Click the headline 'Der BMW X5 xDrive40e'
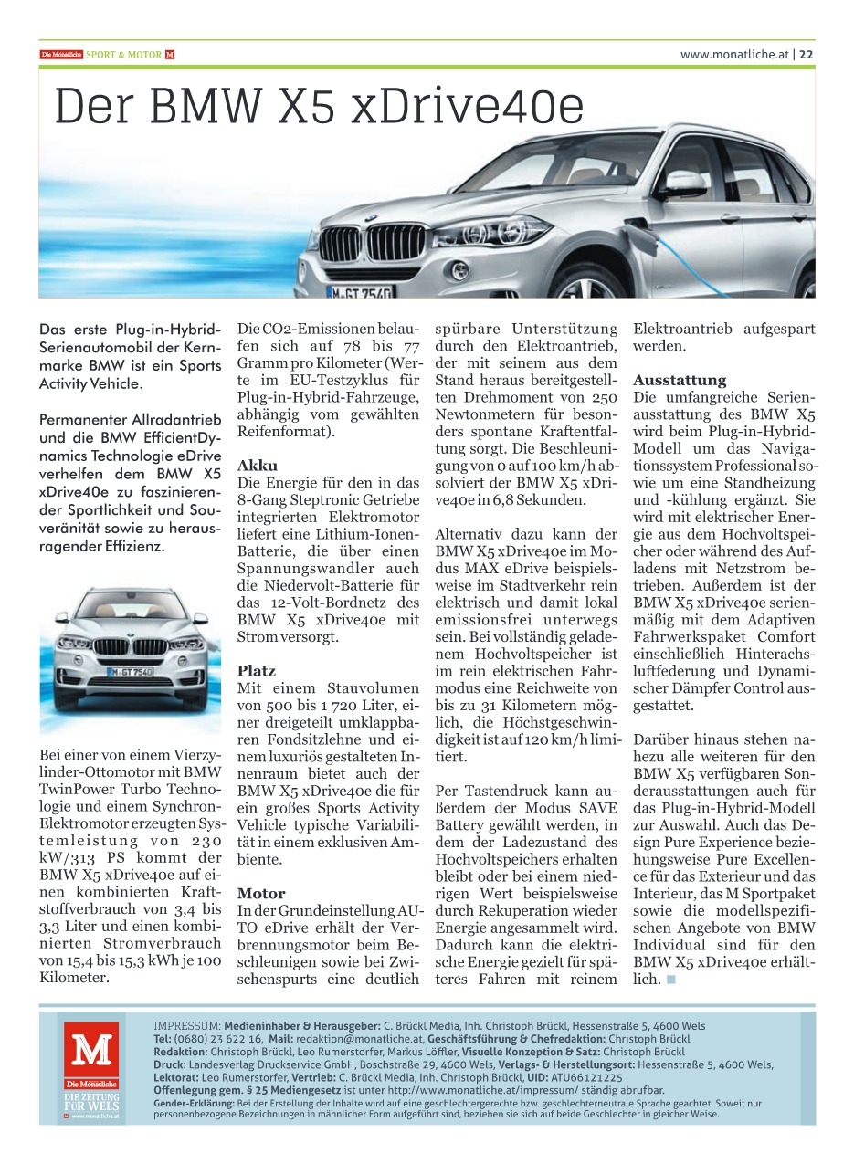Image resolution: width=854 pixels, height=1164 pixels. coord(319,108)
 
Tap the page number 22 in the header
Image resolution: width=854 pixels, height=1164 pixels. coord(807,55)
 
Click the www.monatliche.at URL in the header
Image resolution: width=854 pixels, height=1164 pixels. coord(733,55)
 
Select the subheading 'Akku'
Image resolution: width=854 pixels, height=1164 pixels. coord(257,466)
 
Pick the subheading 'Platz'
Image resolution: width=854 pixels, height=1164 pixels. coord(257,671)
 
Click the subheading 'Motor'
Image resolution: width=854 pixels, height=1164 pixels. coord(261,894)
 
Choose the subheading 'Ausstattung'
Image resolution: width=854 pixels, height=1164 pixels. coord(680,380)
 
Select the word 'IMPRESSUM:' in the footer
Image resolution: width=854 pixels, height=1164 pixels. coord(187,1026)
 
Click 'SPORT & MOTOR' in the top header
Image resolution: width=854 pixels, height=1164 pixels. coord(130,55)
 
